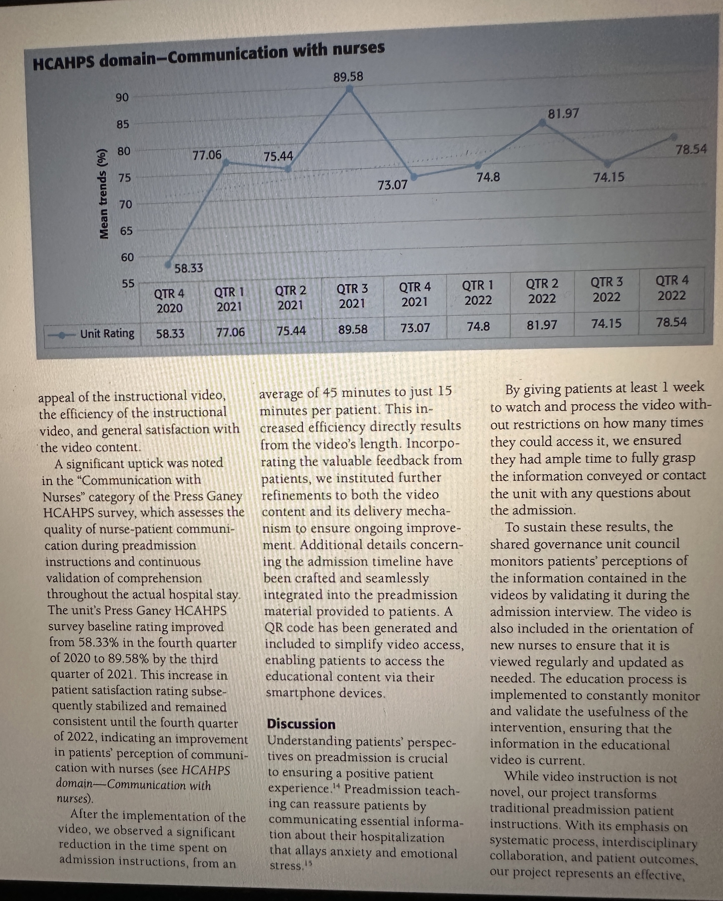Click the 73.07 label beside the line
click(392, 185)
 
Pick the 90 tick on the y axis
click(122, 97)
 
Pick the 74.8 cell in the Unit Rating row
click(478, 326)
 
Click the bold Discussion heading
click(301, 724)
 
